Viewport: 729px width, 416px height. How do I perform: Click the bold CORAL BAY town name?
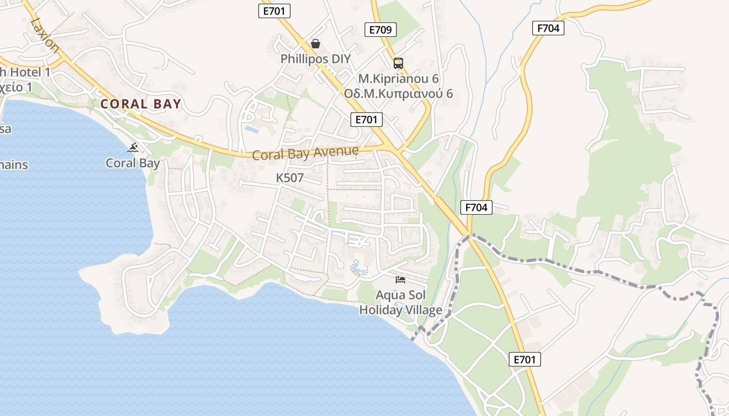click(141, 104)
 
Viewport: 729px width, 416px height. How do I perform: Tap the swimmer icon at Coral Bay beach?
click(134, 148)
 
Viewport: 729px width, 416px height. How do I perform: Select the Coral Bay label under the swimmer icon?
click(133, 163)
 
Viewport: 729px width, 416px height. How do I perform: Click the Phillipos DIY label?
click(316, 59)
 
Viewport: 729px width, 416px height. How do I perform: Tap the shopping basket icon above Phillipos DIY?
click(316, 44)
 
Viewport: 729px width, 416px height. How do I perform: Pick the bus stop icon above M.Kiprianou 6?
click(398, 63)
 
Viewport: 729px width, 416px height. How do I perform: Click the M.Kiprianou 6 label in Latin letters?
click(398, 79)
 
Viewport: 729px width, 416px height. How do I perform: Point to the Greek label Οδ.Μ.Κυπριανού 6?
click(398, 94)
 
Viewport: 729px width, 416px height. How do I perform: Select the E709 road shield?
click(380, 30)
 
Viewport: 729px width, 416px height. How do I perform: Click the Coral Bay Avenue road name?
click(306, 153)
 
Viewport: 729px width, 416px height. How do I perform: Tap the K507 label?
click(290, 178)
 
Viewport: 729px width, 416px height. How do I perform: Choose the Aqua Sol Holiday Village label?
click(400, 303)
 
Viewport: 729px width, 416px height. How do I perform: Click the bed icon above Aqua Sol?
click(400, 280)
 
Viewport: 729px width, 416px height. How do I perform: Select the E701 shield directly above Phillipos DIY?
click(274, 10)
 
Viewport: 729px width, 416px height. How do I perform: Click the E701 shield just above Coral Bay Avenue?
click(367, 120)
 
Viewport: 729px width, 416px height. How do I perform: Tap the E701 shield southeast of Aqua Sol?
click(524, 359)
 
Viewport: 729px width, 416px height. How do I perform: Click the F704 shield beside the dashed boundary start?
click(476, 207)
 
